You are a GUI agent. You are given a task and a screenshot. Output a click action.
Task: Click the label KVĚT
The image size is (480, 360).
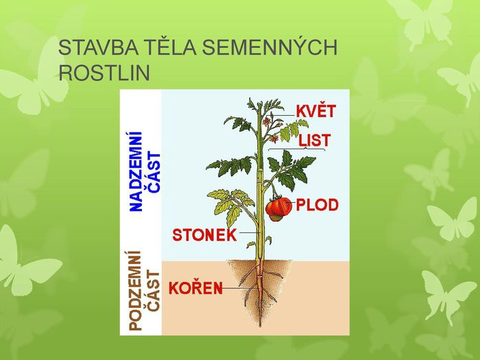pyautogui.click(x=315, y=110)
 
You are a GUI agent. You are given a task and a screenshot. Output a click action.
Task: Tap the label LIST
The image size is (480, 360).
pyautogui.click(x=315, y=141)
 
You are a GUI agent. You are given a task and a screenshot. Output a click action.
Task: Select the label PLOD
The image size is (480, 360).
pyautogui.click(x=317, y=204)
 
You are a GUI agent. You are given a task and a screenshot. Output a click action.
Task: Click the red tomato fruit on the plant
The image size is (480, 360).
pyautogui.click(x=277, y=208)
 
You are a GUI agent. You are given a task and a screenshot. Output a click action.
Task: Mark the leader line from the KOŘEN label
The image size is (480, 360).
pyautogui.click(x=237, y=289)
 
